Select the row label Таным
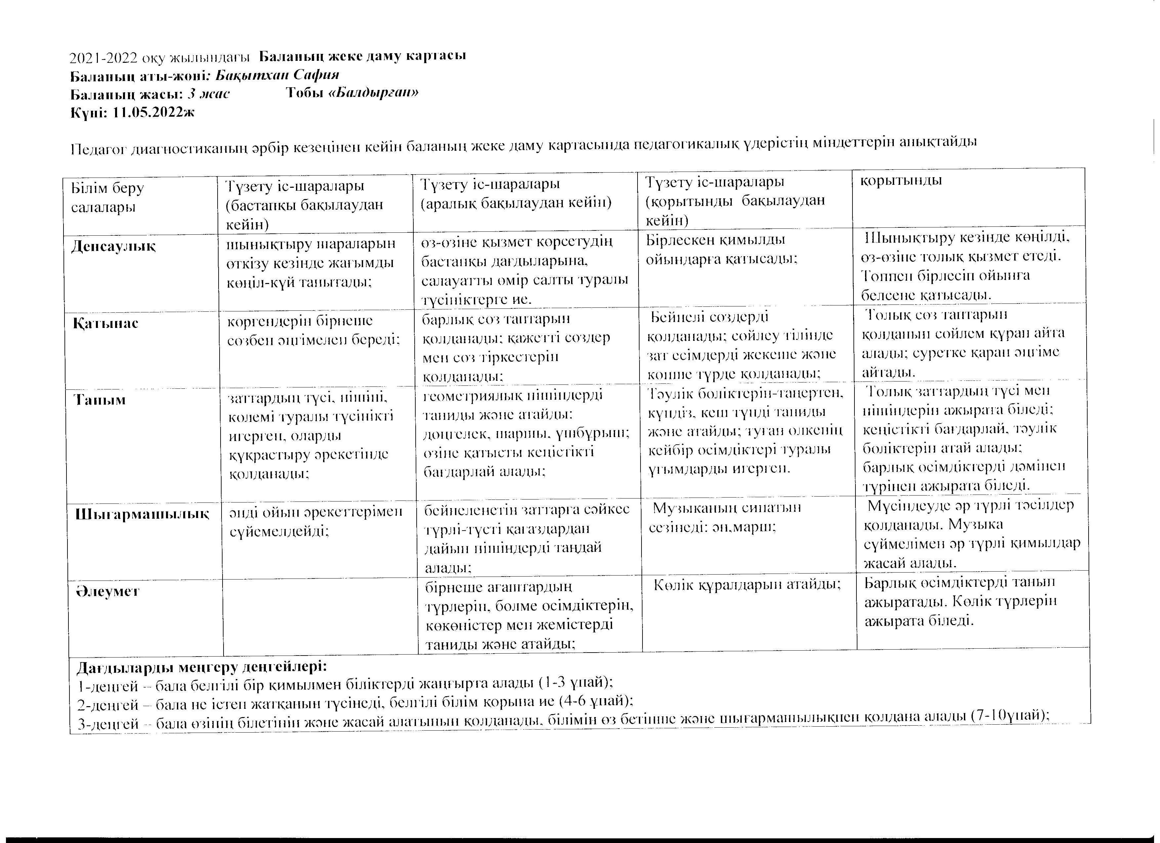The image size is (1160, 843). pyautogui.click(x=100, y=400)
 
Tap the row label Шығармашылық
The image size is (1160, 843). pyautogui.click(x=142, y=514)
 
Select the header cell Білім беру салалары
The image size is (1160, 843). pyautogui.click(x=107, y=197)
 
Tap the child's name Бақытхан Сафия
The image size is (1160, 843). pyautogui.click(x=277, y=75)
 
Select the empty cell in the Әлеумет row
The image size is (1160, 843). pyautogui.click(x=320, y=616)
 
